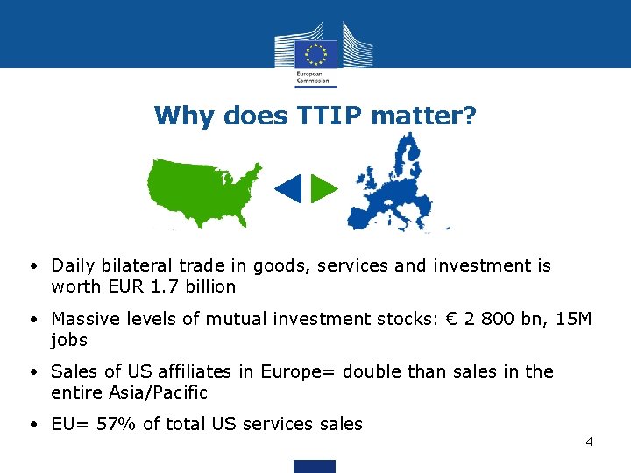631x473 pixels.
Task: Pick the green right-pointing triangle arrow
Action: tap(324, 188)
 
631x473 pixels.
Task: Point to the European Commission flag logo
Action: tap(315, 53)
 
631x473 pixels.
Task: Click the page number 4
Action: tap(589, 441)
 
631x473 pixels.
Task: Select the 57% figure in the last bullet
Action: tap(117, 424)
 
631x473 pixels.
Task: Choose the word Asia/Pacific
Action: tap(157, 392)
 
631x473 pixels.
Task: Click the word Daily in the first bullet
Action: tap(72, 265)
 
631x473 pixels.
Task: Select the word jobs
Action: tap(69, 340)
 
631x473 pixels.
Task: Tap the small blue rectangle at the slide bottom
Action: tap(315, 466)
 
